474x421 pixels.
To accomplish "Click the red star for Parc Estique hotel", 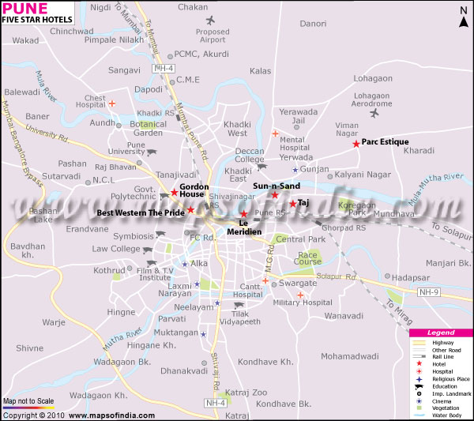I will (356, 143).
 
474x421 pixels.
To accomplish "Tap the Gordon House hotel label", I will (193, 190).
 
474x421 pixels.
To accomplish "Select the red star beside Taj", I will (292, 204).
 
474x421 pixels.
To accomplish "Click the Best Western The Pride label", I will (141, 213).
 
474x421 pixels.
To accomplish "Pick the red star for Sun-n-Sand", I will (275, 194).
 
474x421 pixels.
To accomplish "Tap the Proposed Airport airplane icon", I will (209, 20).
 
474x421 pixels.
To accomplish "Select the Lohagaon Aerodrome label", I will (372, 100).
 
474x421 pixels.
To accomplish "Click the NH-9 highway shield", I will (428, 291).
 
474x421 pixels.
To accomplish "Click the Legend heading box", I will (441, 333).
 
